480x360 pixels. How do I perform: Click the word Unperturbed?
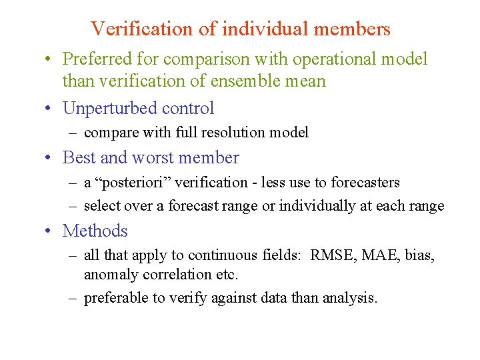[x=107, y=108]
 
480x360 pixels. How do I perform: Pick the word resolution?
[x=230, y=133]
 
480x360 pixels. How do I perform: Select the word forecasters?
[x=366, y=183]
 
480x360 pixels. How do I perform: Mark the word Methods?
[x=95, y=231]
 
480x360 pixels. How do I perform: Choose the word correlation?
[x=167, y=274]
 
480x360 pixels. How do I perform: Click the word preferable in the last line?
[x=115, y=298]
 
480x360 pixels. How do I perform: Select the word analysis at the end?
[x=351, y=298]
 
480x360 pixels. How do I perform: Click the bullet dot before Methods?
[x=50, y=231]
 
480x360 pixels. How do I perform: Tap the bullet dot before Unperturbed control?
[x=50, y=109]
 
